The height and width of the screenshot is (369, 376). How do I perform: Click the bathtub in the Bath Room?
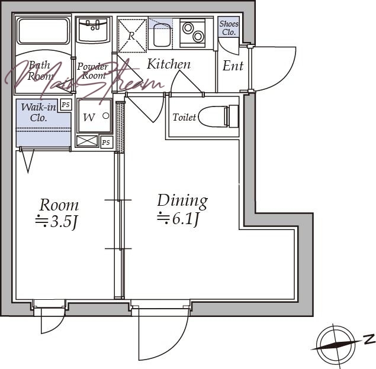[x=43, y=31]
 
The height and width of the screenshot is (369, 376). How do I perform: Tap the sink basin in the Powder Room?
[x=93, y=31]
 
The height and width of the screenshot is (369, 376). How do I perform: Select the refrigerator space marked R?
[x=133, y=35]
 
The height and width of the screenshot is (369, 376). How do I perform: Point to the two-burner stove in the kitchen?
[x=192, y=33]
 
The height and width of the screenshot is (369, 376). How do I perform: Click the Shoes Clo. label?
[x=229, y=28]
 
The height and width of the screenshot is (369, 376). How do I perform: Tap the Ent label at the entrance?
[x=233, y=66]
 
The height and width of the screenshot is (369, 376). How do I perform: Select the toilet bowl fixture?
[x=218, y=116]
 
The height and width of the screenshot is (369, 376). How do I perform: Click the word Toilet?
[x=184, y=117]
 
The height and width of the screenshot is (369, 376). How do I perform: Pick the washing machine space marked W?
[x=95, y=116]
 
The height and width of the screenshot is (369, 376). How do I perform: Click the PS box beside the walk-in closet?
[x=66, y=105]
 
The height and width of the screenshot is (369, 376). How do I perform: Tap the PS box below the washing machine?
[x=106, y=143]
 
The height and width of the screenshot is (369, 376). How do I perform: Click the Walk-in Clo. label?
[x=38, y=112]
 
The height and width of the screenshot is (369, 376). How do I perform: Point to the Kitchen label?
[x=169, y=64]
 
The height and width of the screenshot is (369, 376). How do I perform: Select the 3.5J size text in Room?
[x=56, y=222]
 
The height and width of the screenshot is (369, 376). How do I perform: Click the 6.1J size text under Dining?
[x=178, y=219]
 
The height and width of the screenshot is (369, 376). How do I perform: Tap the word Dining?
[x=182, y=200]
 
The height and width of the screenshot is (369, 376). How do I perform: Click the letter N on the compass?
[x=369, y=339]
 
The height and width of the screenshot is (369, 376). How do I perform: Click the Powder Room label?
[x=93, y=71]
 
